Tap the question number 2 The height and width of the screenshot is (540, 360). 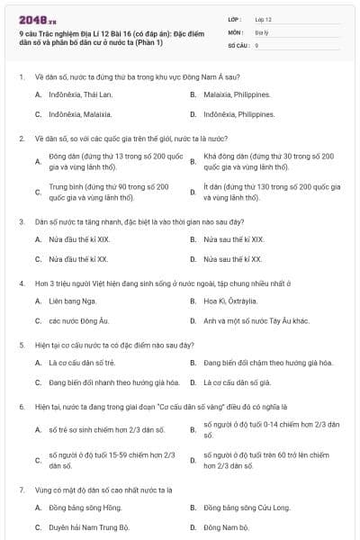coord(21,139)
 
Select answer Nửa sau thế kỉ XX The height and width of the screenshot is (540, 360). coord(232,259)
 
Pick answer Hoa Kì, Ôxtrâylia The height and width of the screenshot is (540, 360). coord(231,301)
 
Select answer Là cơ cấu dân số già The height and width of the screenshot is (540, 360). coord(238,382)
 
